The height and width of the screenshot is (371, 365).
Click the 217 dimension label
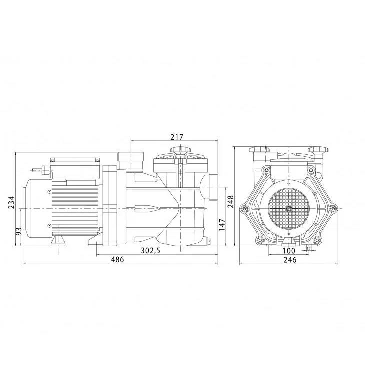click(177, 137)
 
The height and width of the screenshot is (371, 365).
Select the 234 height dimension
click(12, 203)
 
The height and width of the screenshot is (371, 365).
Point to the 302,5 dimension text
click(150, 250)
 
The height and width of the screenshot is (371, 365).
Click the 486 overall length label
click(117, 259)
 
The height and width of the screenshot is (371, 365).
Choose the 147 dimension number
click(222, 225)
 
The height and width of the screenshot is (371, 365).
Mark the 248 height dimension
click(230, 202)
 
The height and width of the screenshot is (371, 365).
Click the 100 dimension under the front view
click(289, 250)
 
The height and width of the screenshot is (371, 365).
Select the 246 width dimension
click(290, 260)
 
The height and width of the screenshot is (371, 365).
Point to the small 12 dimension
click(309, 248)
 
